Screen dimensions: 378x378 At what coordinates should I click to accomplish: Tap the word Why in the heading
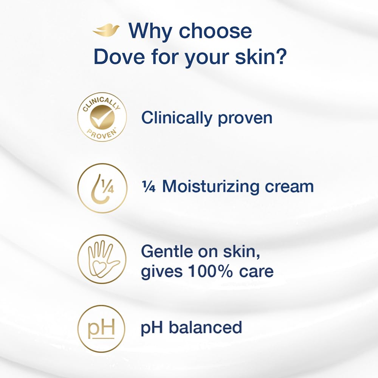pos(150,31)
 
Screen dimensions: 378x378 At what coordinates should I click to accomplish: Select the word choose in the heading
pos(215,31)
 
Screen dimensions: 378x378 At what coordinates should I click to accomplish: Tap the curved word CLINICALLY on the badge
pos(101,103)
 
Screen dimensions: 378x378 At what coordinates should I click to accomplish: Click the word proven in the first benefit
pos(245,119)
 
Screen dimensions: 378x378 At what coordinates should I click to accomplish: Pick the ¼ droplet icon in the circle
pos(102,188)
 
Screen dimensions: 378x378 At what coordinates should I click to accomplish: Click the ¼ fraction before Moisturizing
pos(149,187)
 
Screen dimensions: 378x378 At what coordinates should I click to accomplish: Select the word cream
pos(289,187)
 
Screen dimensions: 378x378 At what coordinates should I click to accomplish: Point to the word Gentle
pos(167,251)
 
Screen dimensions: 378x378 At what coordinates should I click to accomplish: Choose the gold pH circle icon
pos(101,329)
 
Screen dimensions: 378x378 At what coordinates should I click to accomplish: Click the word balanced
pos(205,327)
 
